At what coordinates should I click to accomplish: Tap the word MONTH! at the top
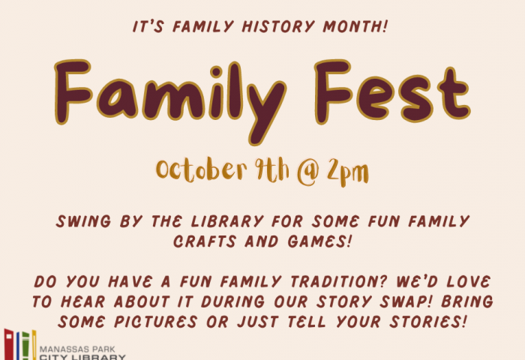pyautogui.click(x=355, y=26)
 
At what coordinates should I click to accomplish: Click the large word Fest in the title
pyautogui.click(x=392, y=91)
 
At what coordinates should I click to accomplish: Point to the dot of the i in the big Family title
pyautogui.click(x=216, y=72)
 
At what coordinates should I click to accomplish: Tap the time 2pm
pyautogui.click(x=347, y=172)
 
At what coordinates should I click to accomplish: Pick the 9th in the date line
pyautogui.click(x=271, y=169)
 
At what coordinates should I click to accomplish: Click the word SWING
pyautogui.click(x=83, y=221)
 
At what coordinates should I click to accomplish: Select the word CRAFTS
pyautogui.click(x=205, y=241)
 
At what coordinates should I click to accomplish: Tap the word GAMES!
pyautogui.click(x=319, y=241)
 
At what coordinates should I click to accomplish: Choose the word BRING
pyautogui.click(x=467, y=301)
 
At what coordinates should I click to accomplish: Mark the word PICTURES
pyautogui.click(x=156, y=322)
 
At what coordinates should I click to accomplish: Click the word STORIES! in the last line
pyautogui.click(x=428, y=322)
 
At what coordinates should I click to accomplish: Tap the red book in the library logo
pyautogui.click(x=9, y=345)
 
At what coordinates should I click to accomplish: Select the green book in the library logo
pyautogui.click(x=25, y=346)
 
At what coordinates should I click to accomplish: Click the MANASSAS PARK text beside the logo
pyautogui.click(x=77, y=349)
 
